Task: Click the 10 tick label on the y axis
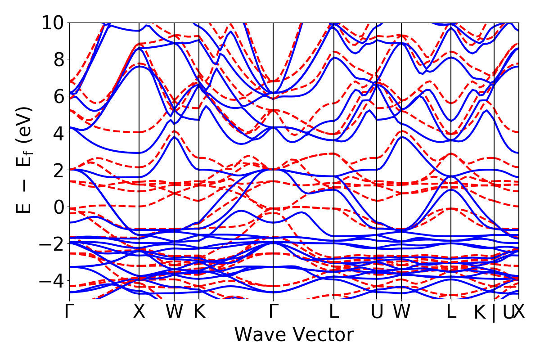[53, 22]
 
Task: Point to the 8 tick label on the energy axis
[58, 59]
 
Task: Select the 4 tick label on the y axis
[58, 133]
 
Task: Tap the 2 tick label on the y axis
[58, 170]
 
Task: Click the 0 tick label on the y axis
[58, 207]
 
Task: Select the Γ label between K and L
[273, 312]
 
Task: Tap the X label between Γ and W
[139, 312]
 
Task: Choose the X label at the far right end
[520, 312]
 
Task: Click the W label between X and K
[174, 312]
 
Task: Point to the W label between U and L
[401, 312]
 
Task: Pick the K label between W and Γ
[199, 312]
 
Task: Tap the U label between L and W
[377, 312]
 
